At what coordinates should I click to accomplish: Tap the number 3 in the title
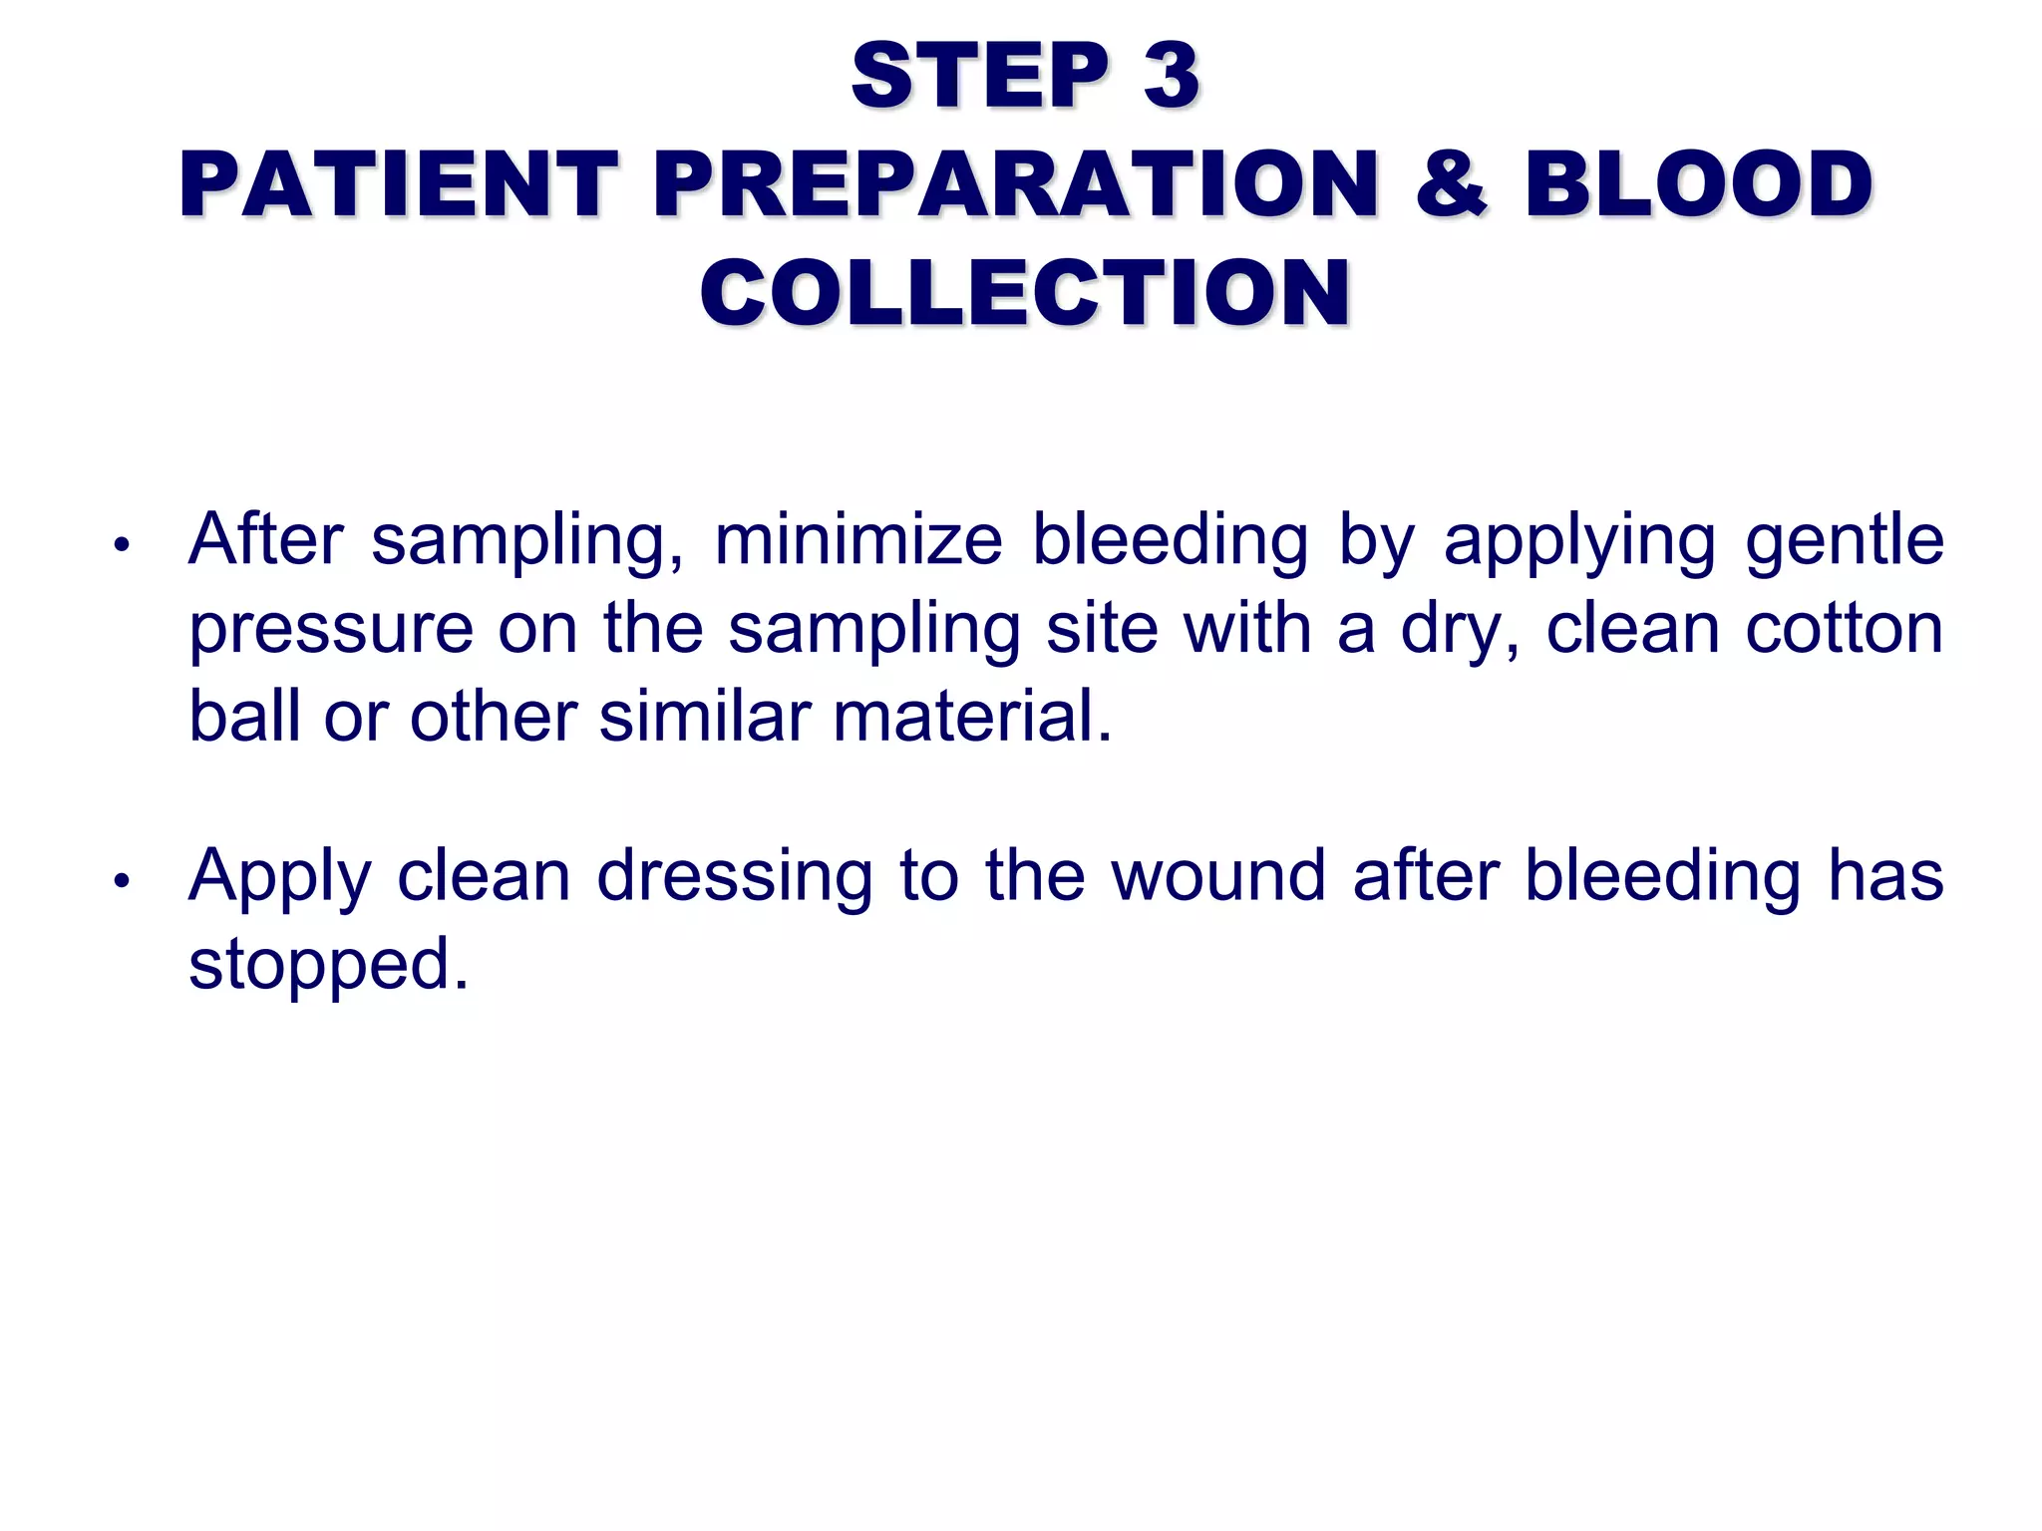click(x=1171, y=76)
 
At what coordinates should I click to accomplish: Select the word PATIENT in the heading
click(x=399, y=184)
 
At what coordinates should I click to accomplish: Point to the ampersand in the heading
click(x=1451, y=184)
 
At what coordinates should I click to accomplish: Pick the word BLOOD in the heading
click(x=1698, y=184)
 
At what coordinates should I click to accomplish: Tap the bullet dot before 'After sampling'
click(x=122, y=545)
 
